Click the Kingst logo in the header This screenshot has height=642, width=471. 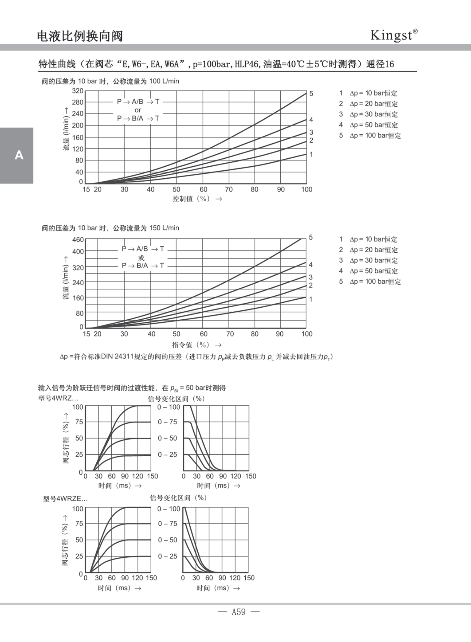click(x=393, y=35)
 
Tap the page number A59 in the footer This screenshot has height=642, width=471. click(x=238, y=612)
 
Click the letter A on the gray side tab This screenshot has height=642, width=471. click(x=19, y=155)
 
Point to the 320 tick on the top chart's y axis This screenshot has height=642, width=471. click(x=78, y=91)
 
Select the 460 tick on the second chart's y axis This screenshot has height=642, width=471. click(x=78, y=239)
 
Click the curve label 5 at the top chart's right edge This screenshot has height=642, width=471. click(x=311, y=94)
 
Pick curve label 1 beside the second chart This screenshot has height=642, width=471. click(x=311, y=299)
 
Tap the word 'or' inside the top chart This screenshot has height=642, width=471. click(x=138, y=110)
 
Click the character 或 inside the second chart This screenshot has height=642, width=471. click(x=141, y=258)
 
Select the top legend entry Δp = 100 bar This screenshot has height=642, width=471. click(x=375, y=135)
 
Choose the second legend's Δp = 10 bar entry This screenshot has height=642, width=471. click(x=373, y=239)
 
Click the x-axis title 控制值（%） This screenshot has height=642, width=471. click(x=191, y=199)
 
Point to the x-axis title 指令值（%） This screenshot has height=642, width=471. click(x=191, y=345)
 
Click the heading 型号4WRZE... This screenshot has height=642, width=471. click(x=65, y=499)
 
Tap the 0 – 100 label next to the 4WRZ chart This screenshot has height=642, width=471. click(x=169, y=407)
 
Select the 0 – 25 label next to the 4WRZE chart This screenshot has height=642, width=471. click(x=167, y=556)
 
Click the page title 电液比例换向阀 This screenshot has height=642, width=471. click(x=80, y=36)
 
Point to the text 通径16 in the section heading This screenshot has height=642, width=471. click(x=380, y=64)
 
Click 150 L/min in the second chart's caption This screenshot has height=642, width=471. click(x=164, y=228)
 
